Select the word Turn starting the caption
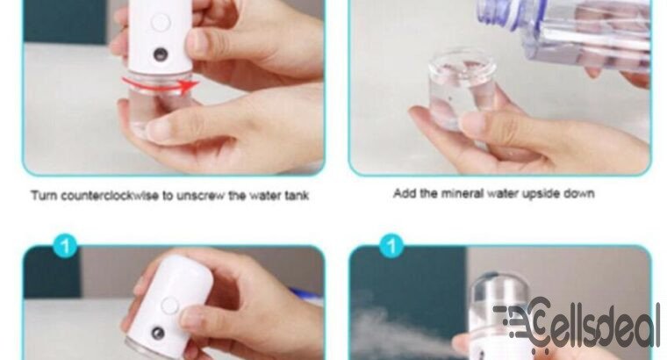[46, 195]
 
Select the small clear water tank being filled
[461, 88]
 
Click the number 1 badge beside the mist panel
[391, 245]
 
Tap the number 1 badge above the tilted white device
[64, 245]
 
